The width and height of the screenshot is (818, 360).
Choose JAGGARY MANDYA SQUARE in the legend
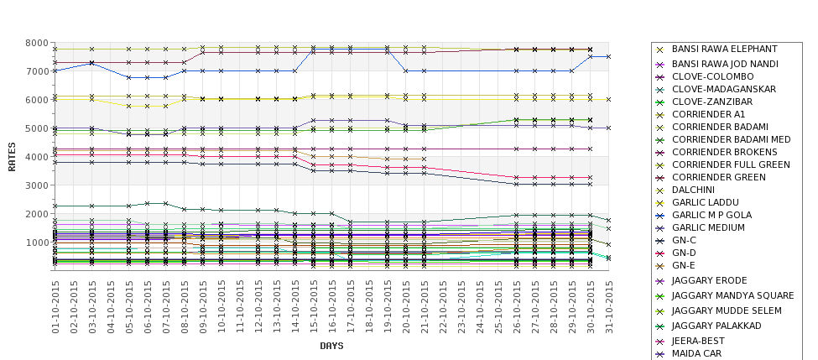point(732,295)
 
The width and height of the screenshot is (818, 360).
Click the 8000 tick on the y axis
point(36,43)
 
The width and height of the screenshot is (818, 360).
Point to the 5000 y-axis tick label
point(36,128)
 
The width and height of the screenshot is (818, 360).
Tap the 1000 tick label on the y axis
point(36,243)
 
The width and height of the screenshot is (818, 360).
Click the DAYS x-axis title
point(331,345)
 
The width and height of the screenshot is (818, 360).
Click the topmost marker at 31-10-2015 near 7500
point(608,56)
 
